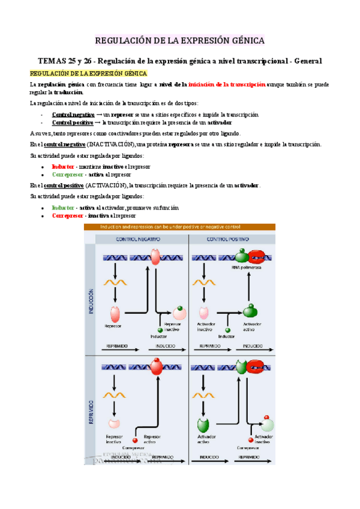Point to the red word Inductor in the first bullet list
[x=63, y=166]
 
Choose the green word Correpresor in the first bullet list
[x=67, y=175]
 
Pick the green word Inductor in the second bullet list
[x=63, y=208]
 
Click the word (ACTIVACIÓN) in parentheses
[x=106, y=185]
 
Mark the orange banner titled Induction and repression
[x=179, y=227]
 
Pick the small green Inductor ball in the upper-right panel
[x=227, y=330]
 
